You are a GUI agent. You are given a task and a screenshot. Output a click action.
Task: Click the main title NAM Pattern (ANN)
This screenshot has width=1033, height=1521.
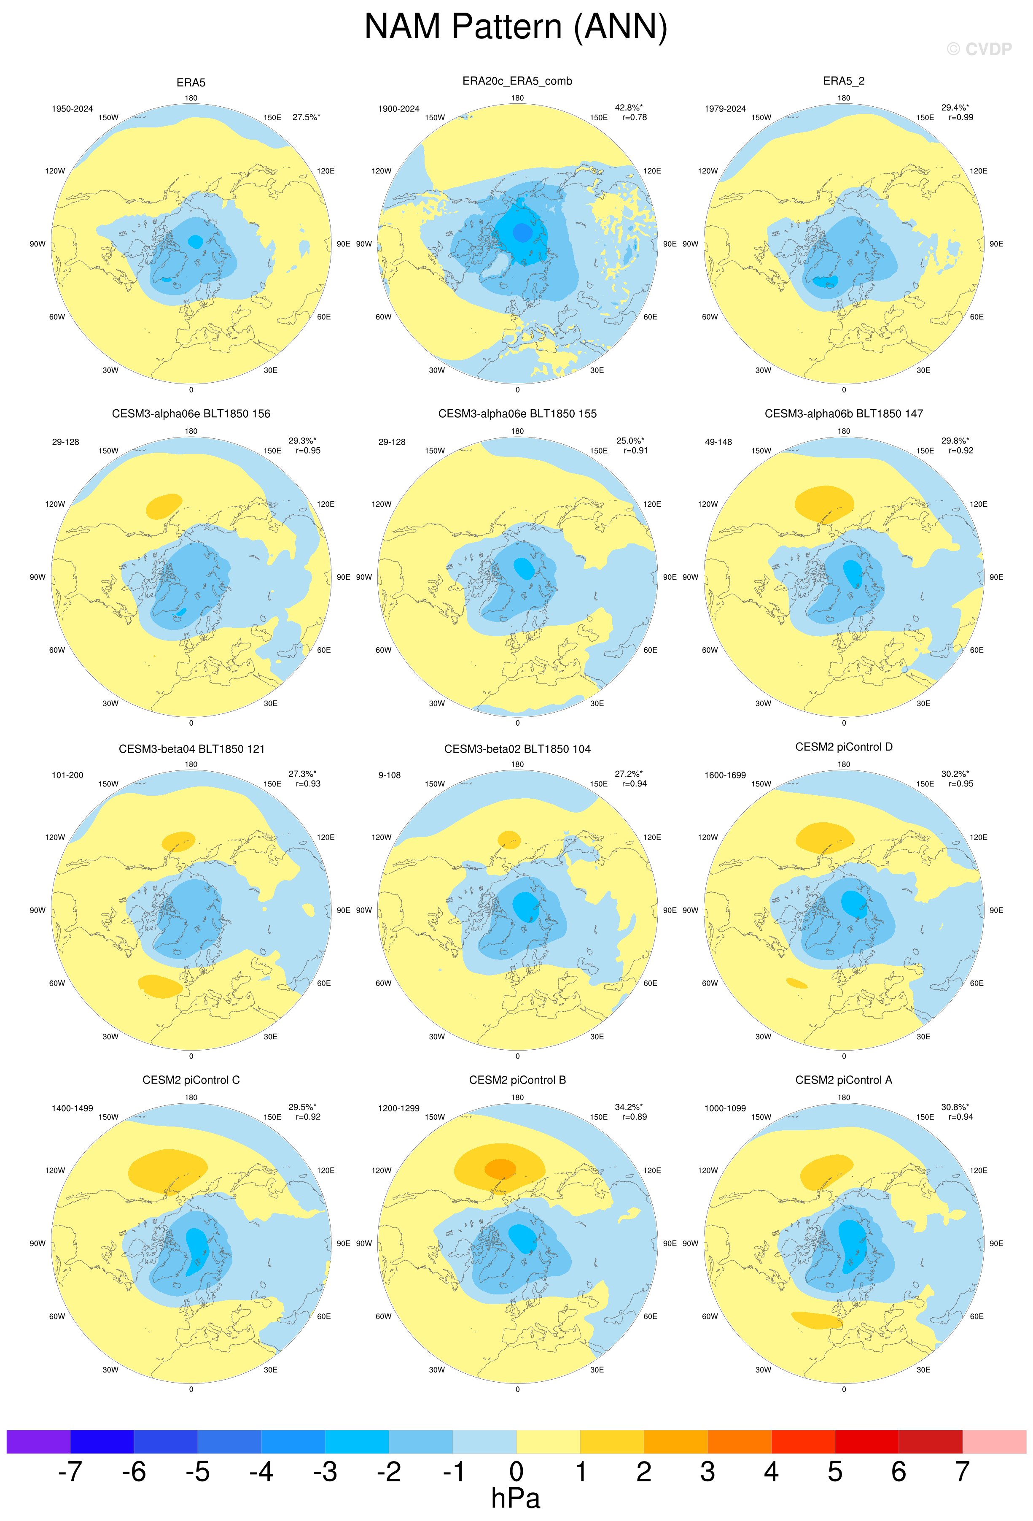516,27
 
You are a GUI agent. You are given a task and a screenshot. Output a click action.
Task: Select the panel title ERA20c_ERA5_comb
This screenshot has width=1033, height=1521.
517,81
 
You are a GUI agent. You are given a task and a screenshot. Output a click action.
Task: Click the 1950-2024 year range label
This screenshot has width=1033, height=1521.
72,109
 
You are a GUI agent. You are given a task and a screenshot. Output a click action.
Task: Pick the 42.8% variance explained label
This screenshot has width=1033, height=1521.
628,107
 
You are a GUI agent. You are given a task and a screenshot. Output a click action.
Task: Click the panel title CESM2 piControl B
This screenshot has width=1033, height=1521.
517,1080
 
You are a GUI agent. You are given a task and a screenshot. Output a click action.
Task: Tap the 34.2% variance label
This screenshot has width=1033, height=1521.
628,1107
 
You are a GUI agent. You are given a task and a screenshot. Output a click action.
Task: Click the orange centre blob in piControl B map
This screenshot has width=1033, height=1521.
500,1168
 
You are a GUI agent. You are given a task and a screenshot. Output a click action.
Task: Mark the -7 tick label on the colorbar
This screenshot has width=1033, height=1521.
70,1472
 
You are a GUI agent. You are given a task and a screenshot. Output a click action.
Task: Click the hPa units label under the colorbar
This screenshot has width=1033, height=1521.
516,1499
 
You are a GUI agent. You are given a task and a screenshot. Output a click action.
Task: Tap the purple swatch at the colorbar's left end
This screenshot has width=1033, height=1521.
38,1442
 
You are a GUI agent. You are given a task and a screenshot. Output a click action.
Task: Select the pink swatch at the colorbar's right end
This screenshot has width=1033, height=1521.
994,1442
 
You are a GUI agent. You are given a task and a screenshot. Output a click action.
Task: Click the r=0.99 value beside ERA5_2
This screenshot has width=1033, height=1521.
960,118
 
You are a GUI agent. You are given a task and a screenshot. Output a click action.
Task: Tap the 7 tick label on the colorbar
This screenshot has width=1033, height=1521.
962,1472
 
